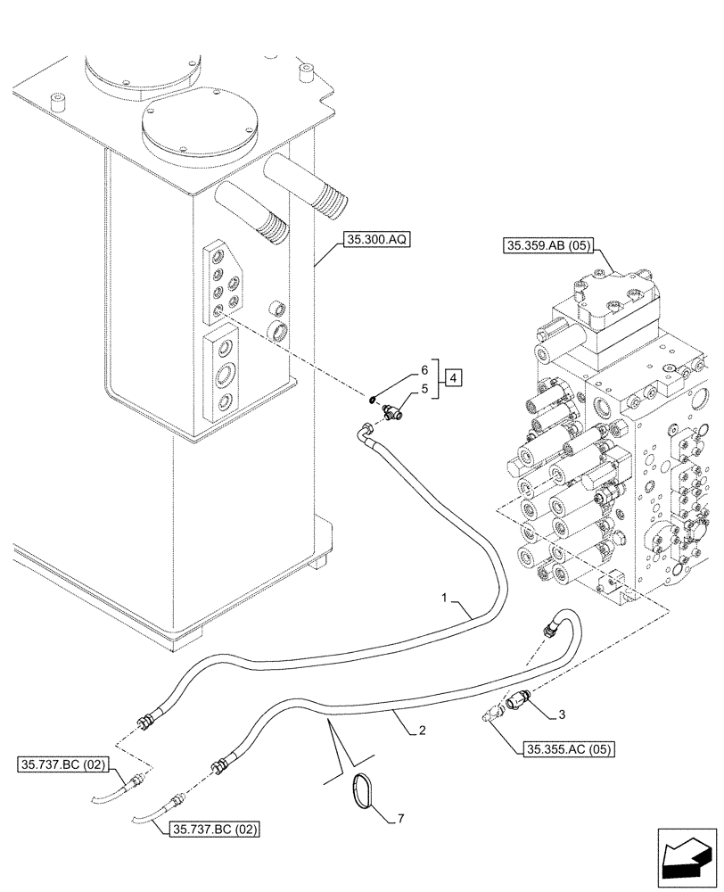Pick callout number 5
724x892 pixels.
424,389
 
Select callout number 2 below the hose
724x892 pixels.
420,731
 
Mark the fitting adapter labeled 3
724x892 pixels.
518,704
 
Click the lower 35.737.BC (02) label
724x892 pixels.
213,829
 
